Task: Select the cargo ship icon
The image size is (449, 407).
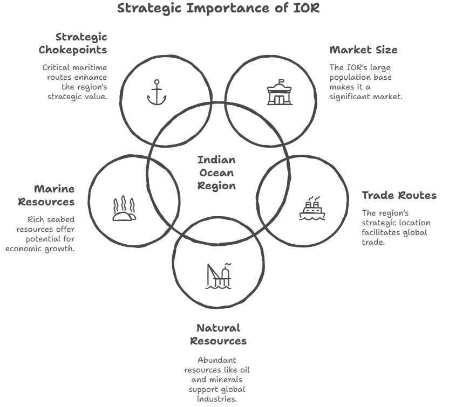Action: point(312,209)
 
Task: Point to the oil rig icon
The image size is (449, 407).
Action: point(219,275)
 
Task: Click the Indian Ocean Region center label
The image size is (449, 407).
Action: point(216,173)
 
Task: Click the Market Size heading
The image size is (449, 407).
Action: point(363,50)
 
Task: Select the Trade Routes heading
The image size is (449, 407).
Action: point(399,195)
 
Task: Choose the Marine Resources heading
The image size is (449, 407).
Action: point(46,195)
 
